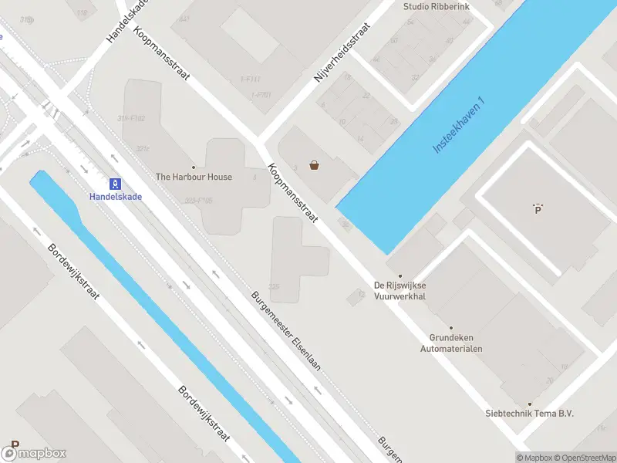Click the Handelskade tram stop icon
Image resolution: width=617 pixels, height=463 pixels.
pos(115,184)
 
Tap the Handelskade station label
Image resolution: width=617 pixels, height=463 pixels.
pos(116,196)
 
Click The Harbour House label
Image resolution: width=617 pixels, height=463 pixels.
pos(194,177)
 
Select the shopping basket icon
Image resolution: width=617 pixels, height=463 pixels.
pos(315,164)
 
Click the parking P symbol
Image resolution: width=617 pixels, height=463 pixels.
pos(538,208)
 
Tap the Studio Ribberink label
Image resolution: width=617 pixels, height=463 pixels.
pos(436,7)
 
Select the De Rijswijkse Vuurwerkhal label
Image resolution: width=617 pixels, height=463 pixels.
pos(400,290)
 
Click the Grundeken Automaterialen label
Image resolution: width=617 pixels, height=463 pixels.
pos(451,343)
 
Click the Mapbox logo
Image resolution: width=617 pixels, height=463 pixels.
pos(34,453)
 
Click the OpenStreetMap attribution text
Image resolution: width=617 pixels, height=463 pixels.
pos(584,458)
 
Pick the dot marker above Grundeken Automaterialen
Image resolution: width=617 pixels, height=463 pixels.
pos(451,327)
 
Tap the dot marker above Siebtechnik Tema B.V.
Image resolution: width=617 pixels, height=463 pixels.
pos(529,403)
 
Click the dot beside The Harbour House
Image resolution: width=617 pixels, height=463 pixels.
pos(194,167)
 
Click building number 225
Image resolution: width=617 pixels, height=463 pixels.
pos(274,286)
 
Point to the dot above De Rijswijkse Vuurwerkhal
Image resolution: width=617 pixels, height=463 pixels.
pos(400,275)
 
